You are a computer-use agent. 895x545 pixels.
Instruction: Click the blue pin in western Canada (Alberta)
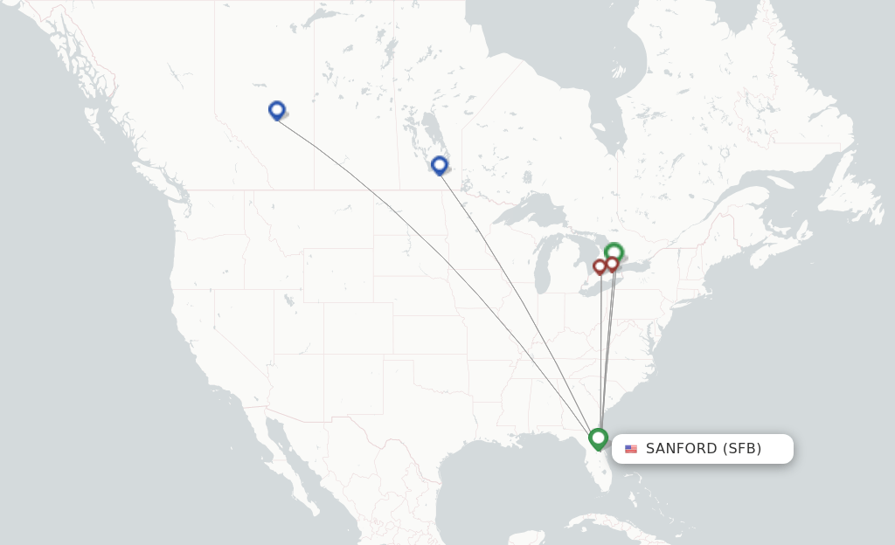(x=277, y=109)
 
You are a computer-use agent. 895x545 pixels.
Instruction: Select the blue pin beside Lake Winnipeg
(x=440, y=164)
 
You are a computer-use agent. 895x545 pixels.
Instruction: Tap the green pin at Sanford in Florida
(x=598, y=437)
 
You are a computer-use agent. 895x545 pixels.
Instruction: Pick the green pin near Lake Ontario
(x=614, y=252)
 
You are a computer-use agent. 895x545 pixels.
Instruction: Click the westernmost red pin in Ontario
(x=600, y=266)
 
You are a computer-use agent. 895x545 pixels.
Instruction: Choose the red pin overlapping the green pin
(x=612, y=264)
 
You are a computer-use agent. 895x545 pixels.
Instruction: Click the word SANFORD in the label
(x=681, y=449)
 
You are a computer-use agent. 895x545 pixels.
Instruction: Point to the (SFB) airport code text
(x=741, y=449)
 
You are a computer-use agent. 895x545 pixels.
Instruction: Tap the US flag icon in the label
(x=631, y=449)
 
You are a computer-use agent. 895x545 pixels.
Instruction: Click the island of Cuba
(x=612, y=524)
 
